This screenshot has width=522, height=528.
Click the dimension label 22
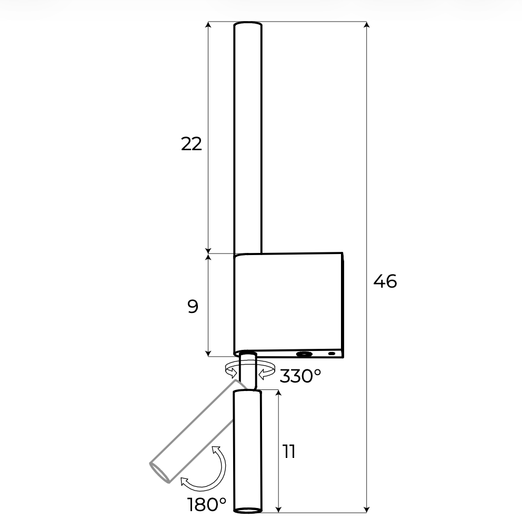(x=192, y=144)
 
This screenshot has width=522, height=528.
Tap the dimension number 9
(x=193, y=307)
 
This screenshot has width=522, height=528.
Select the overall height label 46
(x=385, y=281)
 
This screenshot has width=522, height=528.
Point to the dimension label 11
(x=289, y=452)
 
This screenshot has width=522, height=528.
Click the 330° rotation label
(x=300, y=376)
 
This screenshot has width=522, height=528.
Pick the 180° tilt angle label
(x=206, y=504)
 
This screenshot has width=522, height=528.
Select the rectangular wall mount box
(x=288, y=305)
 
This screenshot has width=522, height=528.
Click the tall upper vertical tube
(x=248, y=138)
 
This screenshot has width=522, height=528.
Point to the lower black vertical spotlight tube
(x=247, y=451)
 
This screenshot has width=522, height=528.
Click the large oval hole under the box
(x=304, y=354)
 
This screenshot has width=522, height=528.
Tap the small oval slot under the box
(x=332, y=354)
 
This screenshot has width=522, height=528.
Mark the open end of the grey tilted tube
(x=159, y=472)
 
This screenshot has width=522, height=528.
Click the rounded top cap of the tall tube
(x=248, y=25)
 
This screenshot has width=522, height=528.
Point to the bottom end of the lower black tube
(x=247, y=511)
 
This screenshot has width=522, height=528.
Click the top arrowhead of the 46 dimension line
(x=367, y=25)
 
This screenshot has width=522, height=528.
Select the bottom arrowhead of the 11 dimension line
(x=278, y=510)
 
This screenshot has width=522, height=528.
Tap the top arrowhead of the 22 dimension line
(x=208, y=25)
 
